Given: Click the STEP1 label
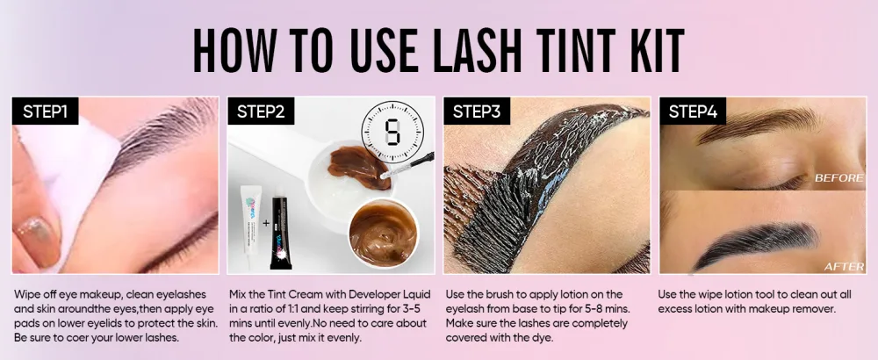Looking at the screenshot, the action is click(46, 111).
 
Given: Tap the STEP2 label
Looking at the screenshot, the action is click(261, 111).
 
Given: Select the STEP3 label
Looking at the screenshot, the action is click(477, 111).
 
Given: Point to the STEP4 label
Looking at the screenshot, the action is click(693, 111).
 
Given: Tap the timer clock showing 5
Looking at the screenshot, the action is click(392, 132).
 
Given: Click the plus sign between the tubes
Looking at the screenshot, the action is click(265, 223).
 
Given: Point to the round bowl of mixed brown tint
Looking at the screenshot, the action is click(384, 233).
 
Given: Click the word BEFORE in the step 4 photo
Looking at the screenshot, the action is click(838, 178).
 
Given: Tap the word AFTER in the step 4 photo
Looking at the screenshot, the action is click(844, 267).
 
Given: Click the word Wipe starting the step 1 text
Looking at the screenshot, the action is click(25, 295).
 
